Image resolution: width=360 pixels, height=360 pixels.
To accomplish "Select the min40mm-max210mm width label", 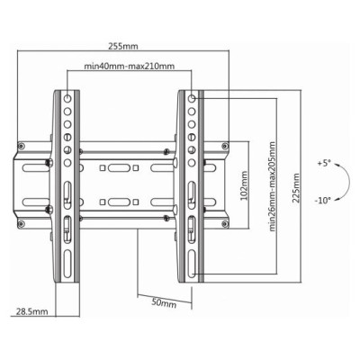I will [129, 66].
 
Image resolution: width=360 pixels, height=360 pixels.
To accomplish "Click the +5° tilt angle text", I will [324, 163].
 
